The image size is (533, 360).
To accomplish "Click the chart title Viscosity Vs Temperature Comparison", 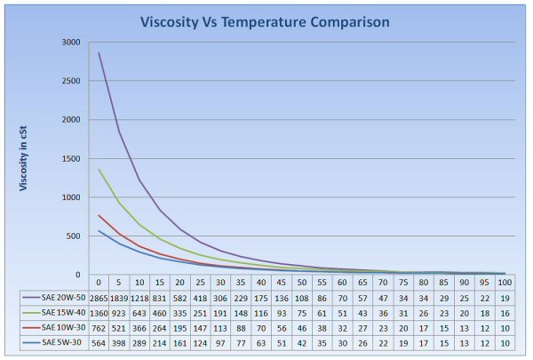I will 266,20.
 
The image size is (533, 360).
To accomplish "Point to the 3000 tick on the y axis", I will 70,43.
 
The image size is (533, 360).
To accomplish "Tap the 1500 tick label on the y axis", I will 70,158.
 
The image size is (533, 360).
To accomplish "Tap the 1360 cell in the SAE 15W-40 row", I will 99,314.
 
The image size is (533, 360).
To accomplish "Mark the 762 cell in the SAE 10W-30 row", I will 99,329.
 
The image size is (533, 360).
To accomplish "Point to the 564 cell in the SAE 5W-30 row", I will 99,343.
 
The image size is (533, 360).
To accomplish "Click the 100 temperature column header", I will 504,284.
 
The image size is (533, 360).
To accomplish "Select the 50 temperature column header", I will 301,284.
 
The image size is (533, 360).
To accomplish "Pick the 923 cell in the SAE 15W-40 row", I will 119,314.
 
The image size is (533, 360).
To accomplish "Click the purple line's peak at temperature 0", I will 99,52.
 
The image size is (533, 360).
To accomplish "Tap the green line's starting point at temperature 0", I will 99,169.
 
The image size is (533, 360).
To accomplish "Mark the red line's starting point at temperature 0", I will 99,215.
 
